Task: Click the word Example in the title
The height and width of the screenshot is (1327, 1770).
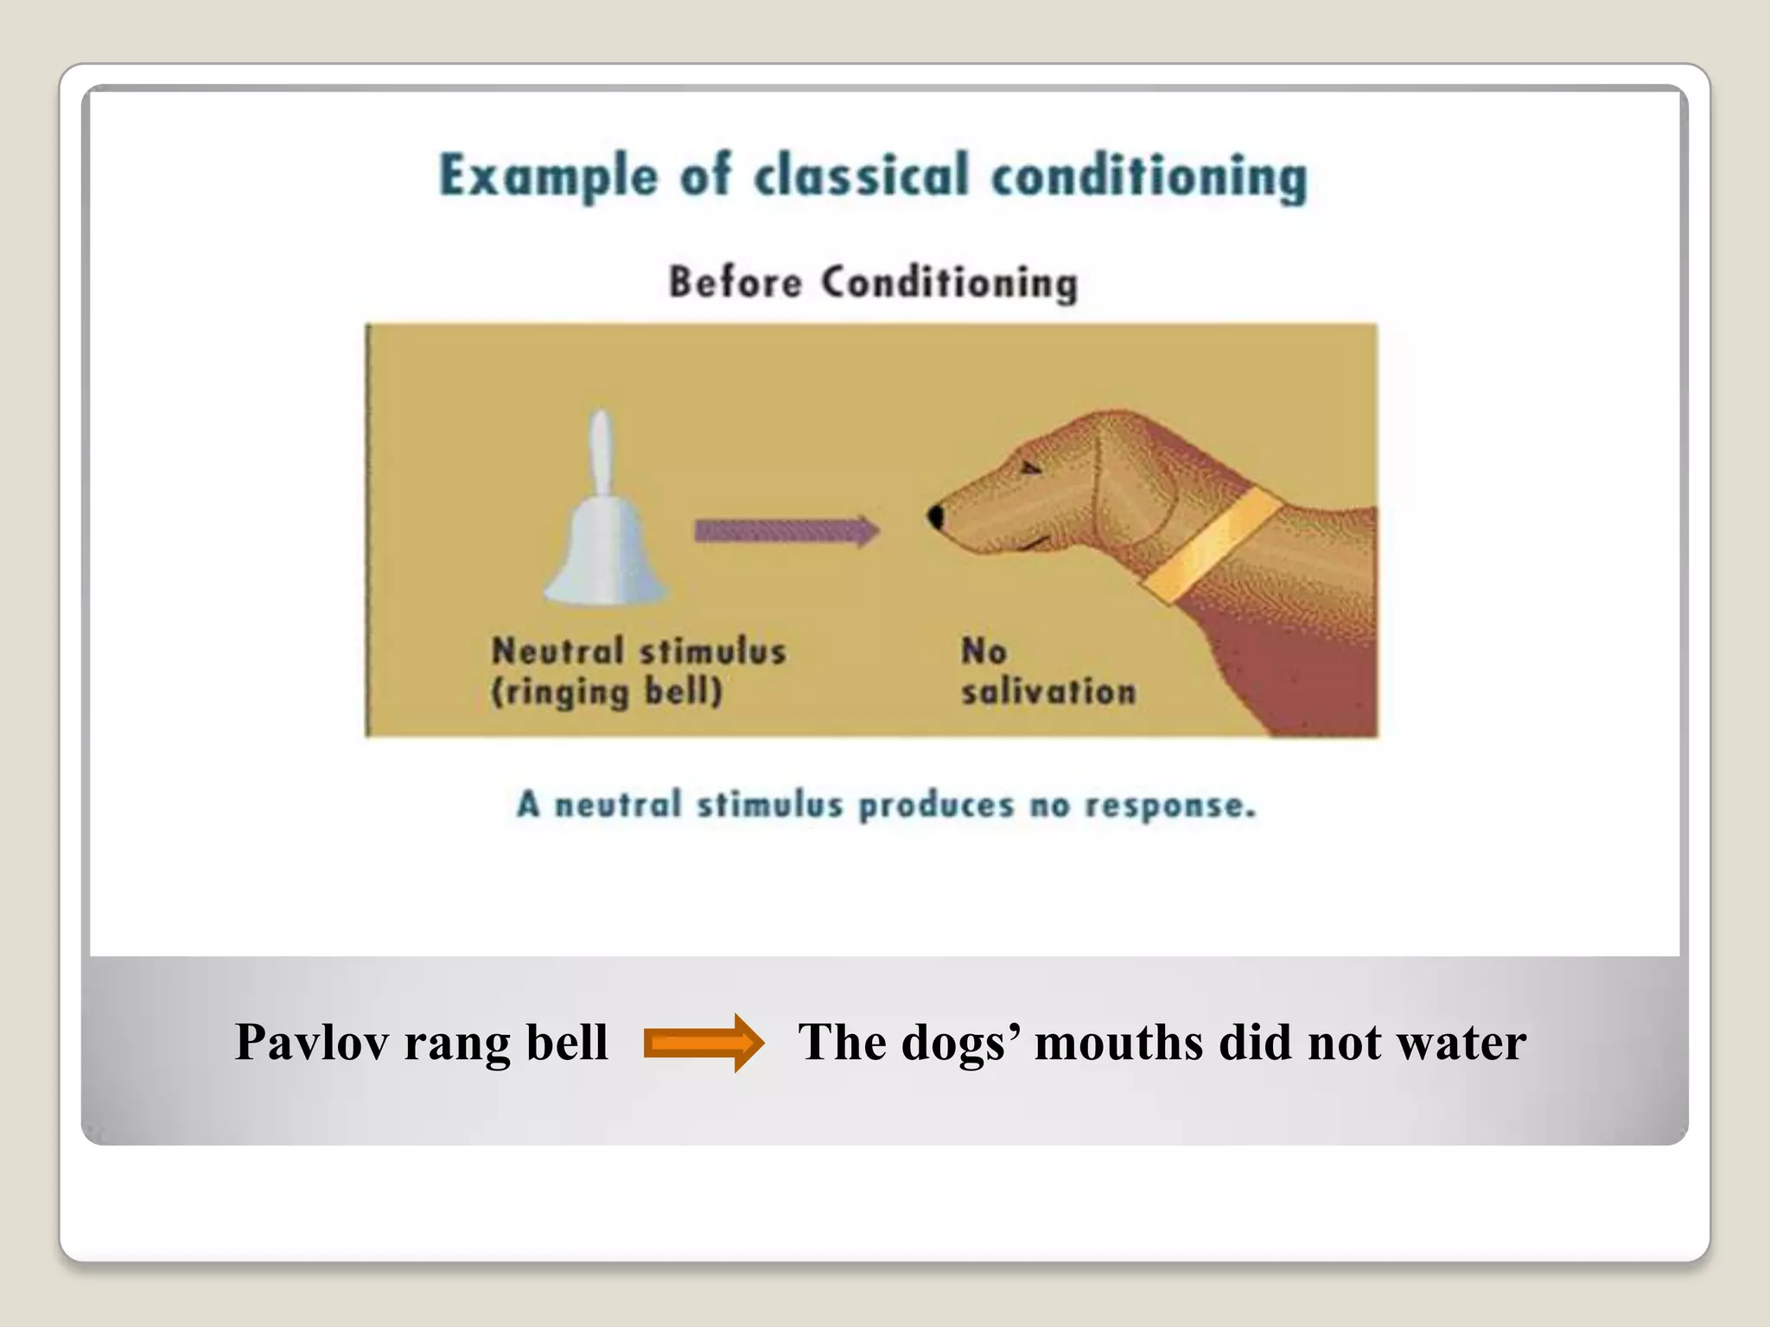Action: click(548, 176)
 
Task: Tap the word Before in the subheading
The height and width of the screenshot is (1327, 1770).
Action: click(735, 283)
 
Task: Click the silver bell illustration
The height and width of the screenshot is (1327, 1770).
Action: click(605, 544)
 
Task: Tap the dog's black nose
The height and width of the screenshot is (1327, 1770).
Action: click(935, 517)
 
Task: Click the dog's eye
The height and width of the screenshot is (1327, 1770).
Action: click(1031, 467)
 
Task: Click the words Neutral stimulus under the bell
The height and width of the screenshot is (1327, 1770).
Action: click(639, 651)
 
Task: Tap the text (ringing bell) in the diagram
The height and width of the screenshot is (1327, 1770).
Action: click(607, 692)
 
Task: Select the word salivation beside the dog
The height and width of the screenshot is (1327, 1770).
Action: click(1048, 692)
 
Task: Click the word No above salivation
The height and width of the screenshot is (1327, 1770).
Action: click(984, 651)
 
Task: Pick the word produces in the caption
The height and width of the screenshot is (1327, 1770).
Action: click(935, 805)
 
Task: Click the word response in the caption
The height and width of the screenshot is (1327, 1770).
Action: click(1168, 805)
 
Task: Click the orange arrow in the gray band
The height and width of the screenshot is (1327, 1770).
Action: click(704, 1043)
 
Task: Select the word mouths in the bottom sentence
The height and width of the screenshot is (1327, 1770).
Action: click(1119, 1042)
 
